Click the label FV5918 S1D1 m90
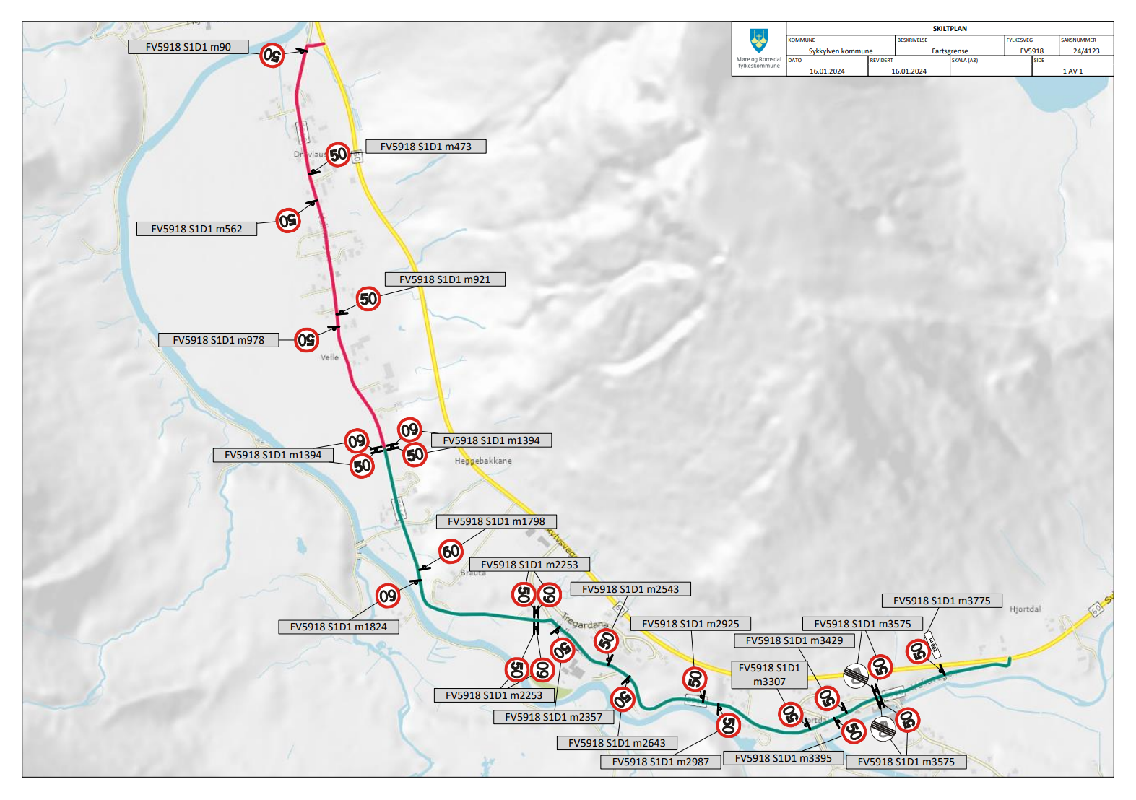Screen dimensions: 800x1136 pos(188,47)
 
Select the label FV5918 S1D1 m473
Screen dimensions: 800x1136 pos(425,147)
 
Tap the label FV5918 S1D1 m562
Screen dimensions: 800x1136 pos(196,229)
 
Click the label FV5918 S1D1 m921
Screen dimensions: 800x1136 pos(444,279)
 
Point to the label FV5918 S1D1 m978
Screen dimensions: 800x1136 pos(218,340)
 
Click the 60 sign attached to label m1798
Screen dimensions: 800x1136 pos(451,552)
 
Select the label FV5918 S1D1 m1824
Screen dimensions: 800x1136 pos(338,627)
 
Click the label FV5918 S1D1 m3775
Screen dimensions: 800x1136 pos(941,601)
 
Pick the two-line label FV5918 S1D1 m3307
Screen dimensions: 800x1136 pos(768,674)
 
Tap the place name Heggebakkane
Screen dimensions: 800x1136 pos(482,461)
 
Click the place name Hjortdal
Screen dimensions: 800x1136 pos(1025,609)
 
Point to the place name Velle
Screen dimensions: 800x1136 pos(329,357)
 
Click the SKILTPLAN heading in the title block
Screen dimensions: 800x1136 pos(949,29)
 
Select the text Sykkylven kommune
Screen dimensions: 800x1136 pos(840,51)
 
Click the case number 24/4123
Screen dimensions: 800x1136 pos(1085,51)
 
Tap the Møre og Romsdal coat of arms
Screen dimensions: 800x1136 pos(758,39)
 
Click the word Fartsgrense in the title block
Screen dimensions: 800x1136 pos(949,51)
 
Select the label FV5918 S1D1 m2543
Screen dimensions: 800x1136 pos(630,589)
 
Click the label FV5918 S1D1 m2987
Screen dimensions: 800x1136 pos(660,762)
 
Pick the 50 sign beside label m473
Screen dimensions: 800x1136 pos(338,155)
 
